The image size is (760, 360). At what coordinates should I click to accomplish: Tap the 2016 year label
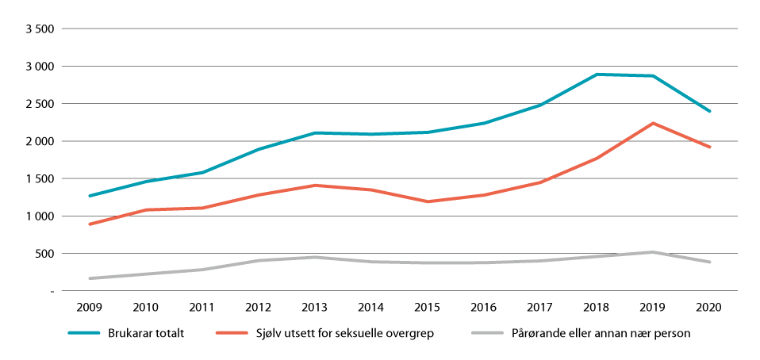[485, 306]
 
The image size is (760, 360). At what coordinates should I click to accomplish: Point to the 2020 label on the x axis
[709, 306]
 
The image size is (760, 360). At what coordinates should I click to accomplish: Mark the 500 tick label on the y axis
[44, 254]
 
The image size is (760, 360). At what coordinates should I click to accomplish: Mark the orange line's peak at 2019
[653, 123]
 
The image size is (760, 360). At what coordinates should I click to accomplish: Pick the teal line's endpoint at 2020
[709, 111]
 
